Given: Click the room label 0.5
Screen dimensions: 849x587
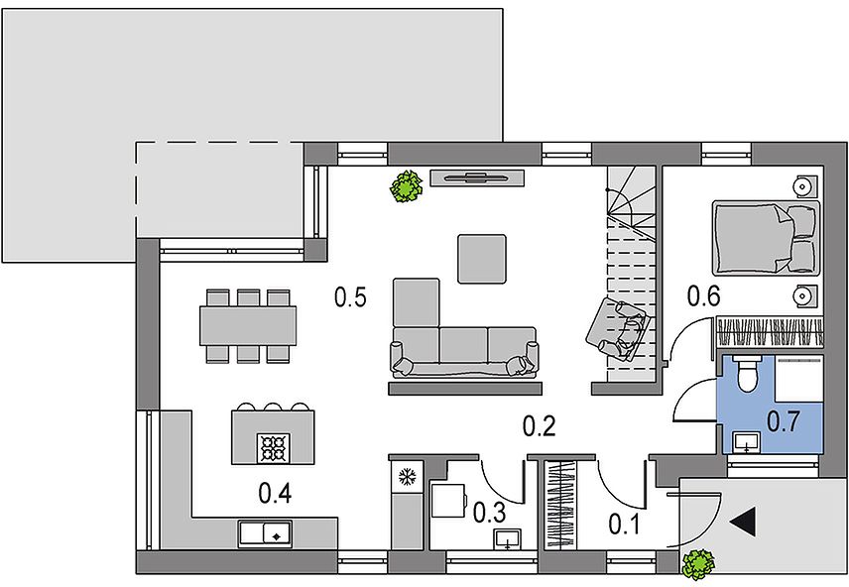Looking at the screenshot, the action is pos(350,297).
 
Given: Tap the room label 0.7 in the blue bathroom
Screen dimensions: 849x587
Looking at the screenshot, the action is pos(783,421).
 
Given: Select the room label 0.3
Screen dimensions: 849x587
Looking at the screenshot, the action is pos(490,513).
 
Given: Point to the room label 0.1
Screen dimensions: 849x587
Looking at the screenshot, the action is pos(624,525).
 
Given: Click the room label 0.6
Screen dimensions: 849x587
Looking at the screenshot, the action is pos(704,295).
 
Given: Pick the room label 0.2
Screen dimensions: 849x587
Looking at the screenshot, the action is pos(540,426).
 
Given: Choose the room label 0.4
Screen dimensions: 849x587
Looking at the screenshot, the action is pos(275,494).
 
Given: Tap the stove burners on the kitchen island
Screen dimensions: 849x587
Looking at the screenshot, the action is pos(273,448).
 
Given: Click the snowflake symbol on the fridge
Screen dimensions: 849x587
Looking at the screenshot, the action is pos(407,477).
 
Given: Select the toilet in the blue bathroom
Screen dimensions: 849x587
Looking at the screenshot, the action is pos(746,373).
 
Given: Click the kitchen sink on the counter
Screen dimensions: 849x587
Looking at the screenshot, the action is pos(266,533).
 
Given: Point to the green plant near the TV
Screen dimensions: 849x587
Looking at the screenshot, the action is pos(406,186).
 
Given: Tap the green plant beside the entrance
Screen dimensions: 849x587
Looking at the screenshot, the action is pos(698,565).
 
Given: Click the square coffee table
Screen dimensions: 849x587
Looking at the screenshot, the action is pos(482,259).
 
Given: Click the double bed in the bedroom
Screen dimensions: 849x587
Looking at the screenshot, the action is pos(766,237).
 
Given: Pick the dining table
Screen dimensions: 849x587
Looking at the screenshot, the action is pos(248,325).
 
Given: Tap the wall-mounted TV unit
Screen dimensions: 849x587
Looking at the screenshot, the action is pos(477,177).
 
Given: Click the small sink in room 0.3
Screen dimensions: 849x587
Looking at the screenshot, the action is pos(508,539).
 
